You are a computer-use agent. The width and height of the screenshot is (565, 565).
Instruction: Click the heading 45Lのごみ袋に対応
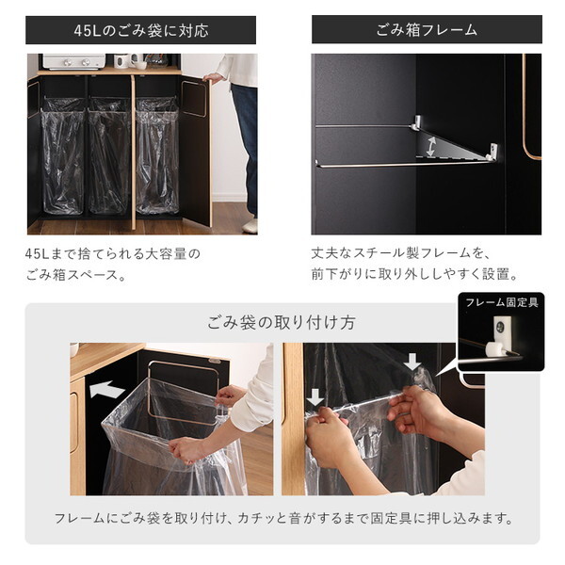point(141,30)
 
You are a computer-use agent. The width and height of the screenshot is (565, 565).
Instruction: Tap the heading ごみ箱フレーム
point(427,30)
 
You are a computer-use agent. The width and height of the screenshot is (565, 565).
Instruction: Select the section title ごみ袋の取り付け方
point(282,322)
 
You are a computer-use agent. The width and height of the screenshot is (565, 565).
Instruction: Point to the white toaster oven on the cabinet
point(74,61)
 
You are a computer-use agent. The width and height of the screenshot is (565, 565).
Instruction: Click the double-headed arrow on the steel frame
point(430,147)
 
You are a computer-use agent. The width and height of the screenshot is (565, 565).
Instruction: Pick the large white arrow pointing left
point(107,389)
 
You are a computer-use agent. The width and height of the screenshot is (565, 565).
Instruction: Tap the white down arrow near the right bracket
point(412,362)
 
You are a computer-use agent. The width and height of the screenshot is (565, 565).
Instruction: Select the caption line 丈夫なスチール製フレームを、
point(402,253)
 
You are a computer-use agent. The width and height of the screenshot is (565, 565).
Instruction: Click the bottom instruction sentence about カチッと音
point(282,518)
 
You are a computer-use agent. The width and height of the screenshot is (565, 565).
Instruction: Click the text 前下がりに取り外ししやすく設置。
point(414,276)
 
